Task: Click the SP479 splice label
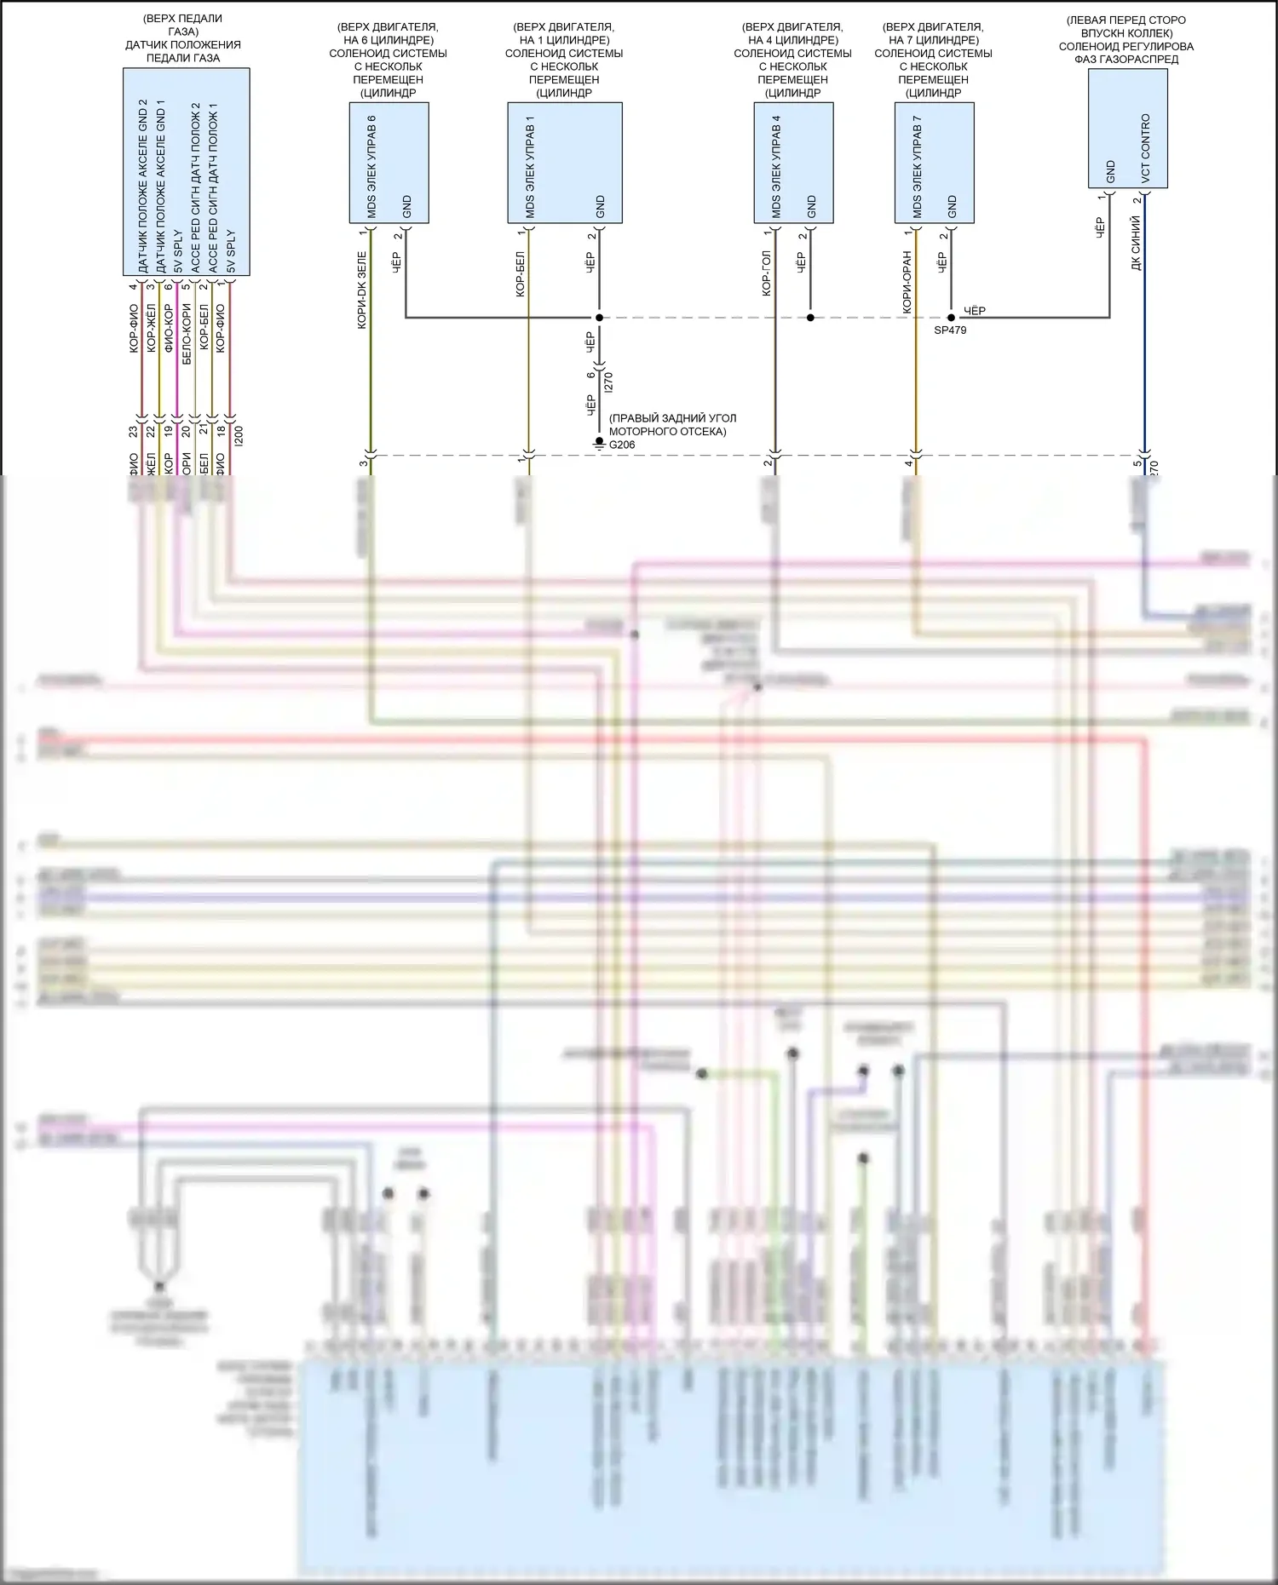pos(949,330)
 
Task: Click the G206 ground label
pos(622,445)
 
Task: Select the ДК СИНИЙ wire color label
pos(1136,244)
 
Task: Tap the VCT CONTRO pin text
pos(1145,148)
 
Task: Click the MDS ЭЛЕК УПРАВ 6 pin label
pos(371,166)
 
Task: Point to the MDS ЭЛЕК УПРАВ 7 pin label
pos(917,166)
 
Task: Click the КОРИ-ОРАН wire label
pos(907,281)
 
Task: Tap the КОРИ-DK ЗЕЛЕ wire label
pos(361,290)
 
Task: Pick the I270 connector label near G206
pos(607,382)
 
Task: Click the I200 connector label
pos(239,436)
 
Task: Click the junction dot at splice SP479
pos(951,318)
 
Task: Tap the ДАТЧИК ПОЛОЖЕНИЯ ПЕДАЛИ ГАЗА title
pos(183,51)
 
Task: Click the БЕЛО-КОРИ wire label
pos(186,334)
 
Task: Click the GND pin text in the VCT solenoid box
pos(1110,171)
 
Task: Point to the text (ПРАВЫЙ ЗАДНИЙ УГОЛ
pos(672,418)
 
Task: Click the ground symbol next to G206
pos(599,444)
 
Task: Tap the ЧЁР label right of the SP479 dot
pos(974,311)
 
